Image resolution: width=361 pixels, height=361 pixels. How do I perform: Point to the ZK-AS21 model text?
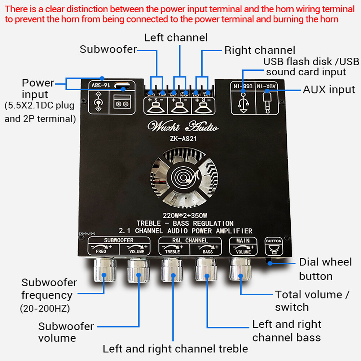click(x=182, y=138)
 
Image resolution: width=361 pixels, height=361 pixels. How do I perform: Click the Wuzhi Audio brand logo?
click(x=182, y=127)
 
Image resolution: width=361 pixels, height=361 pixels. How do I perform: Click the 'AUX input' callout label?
click(x=329, y=89)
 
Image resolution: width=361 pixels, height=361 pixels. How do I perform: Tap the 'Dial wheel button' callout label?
click(x=325, y=269)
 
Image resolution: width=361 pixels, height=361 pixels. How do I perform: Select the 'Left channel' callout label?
click(x=176, y=37)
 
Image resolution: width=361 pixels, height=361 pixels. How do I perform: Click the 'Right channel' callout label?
click(x=260, y=50)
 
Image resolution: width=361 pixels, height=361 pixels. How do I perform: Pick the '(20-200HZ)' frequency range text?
click(x=45, y=309)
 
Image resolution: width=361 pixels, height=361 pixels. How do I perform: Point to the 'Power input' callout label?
click(x=38, y=89)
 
